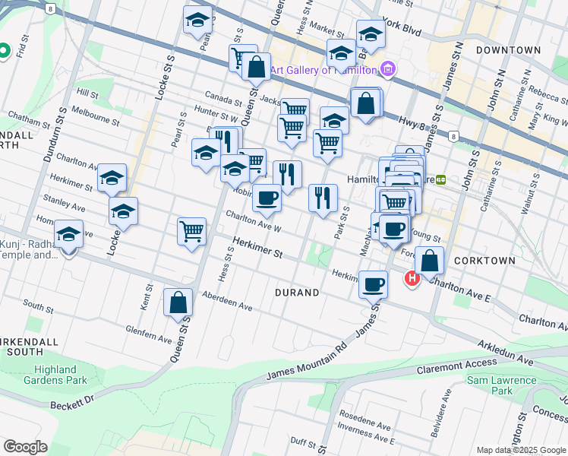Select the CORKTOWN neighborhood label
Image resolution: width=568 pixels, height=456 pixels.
coord(484,260)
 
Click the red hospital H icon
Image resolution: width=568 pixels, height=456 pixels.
coord(412,280)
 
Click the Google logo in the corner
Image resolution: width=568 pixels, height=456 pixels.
coord(25,447)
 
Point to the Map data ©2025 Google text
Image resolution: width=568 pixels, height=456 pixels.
coord(521,450)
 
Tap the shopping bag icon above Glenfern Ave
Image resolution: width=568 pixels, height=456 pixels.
coord(178,303)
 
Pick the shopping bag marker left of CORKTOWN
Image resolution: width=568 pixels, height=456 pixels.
coord(429,261)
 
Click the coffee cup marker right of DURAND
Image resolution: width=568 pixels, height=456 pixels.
coord(372,284)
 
